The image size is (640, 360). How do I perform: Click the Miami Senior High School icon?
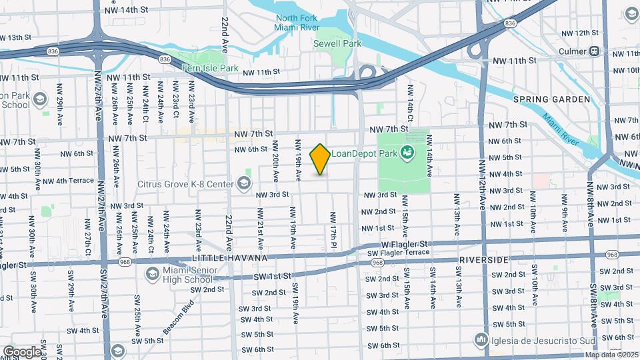[x=153, y=273]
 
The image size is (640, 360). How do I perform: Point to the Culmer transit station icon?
[x=593, y=51]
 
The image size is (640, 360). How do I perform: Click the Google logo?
[x=22, y=351]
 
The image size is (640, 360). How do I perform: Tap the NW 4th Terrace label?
[x=69, y=181]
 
